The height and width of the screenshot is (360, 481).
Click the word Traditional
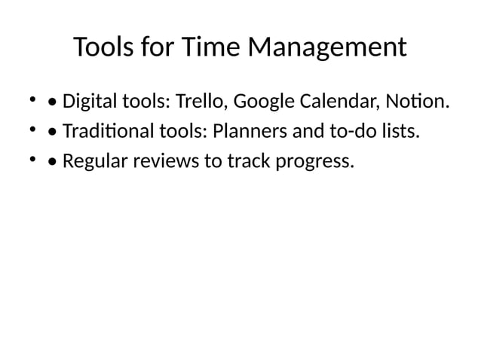107,132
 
